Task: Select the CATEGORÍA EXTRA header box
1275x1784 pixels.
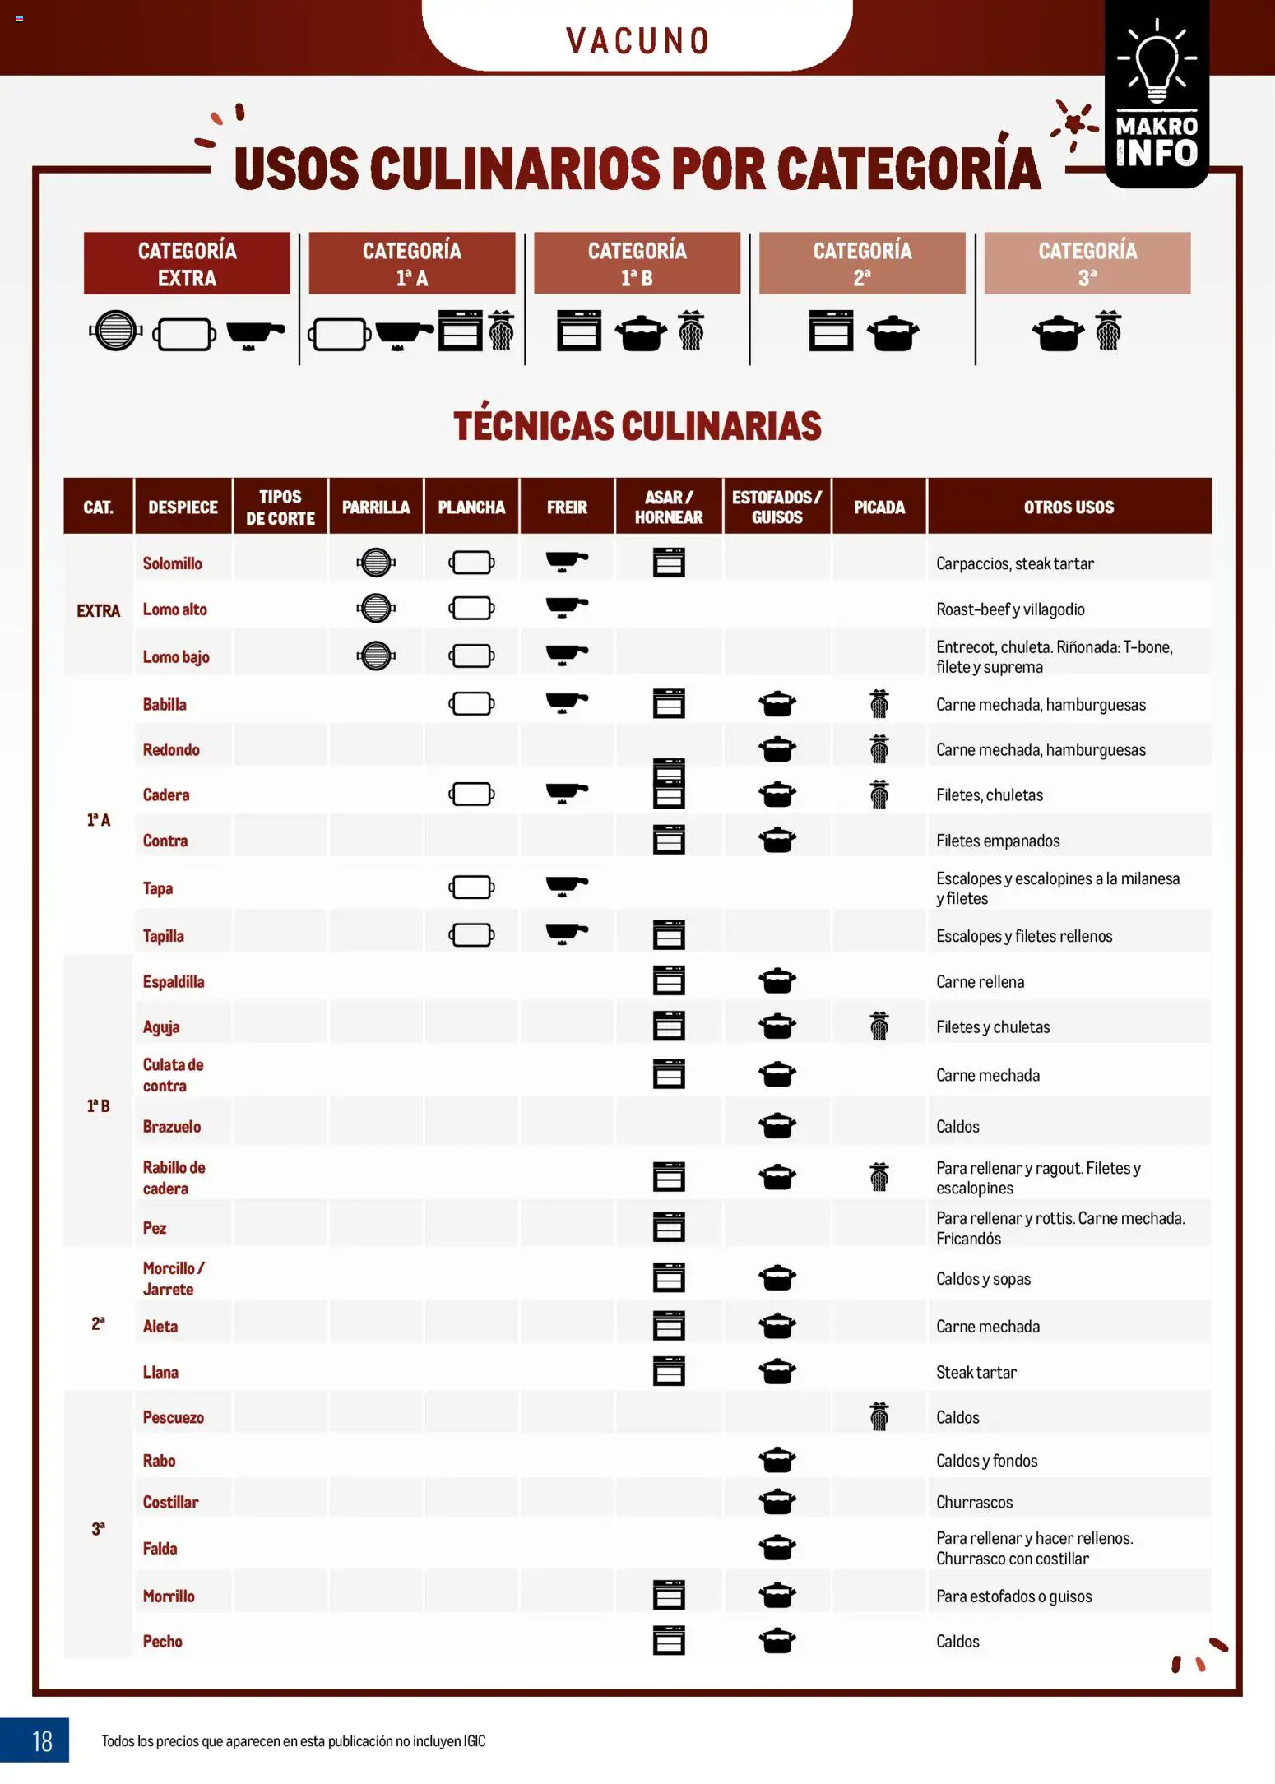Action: click(x=187, y=263)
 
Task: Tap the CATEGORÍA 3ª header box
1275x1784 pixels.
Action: click(x=1087, y=263)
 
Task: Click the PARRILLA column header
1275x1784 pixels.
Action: click(x=376, y=507)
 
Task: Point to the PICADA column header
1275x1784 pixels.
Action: click(x=879, y=507)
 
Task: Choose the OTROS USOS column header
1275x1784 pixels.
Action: click(x=1069, y=507)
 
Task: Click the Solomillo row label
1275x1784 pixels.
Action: click(x=173, y=563)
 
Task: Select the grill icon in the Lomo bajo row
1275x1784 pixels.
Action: click(x=376, y=656)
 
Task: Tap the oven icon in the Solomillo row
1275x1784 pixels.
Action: click(x=669, y=563)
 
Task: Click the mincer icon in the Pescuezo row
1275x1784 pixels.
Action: click(x=879, y=1416)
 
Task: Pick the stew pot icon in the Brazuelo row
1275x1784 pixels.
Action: click(x=777, y=1125)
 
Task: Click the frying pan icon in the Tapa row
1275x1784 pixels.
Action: click(x=567, y=886)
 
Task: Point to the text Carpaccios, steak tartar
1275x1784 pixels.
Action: click(x=1014, y=563)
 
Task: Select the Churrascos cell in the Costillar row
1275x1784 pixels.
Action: click(x=974, y=1502)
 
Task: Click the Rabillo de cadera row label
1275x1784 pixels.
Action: click(x=174, y=1177)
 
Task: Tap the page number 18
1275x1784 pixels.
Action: click(x=41, y=1740)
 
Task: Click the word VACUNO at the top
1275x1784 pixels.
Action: click(x=637, y=40)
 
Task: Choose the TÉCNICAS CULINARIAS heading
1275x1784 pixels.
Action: click(x=637, y=426)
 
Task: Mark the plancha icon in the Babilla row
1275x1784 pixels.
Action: click(x=471, y=703)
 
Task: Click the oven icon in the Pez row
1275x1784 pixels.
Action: click(x=669, y=1226)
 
